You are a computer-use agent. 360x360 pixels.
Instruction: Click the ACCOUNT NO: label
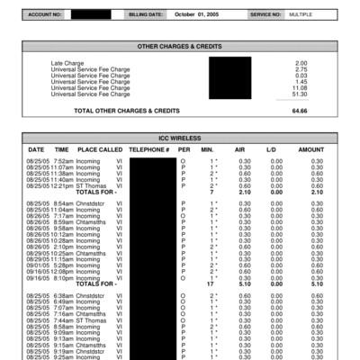(x=44, y=15)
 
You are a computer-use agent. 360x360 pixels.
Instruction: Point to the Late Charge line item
(x=67, y=63)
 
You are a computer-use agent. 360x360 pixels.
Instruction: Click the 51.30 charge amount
(x=301, y=94)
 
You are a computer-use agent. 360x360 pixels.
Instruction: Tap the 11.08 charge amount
(x=301, y=87)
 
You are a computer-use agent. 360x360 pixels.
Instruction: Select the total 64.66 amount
(x=300, y=111)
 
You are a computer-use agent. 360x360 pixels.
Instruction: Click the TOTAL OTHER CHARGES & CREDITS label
(x=127, y=111)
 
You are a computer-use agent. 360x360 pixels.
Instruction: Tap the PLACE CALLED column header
(x=100, y=149)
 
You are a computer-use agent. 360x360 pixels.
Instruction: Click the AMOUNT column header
(x=311, y=149)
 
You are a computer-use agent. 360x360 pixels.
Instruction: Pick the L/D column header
(x=271, y=149)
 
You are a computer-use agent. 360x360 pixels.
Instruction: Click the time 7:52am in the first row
(x=63, y=161)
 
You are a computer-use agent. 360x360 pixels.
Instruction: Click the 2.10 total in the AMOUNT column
(x=316, y=193)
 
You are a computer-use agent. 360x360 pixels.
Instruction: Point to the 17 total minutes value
(x=210, y=284)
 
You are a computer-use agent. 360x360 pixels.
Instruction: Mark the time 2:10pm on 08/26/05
(x=63, y=247)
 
